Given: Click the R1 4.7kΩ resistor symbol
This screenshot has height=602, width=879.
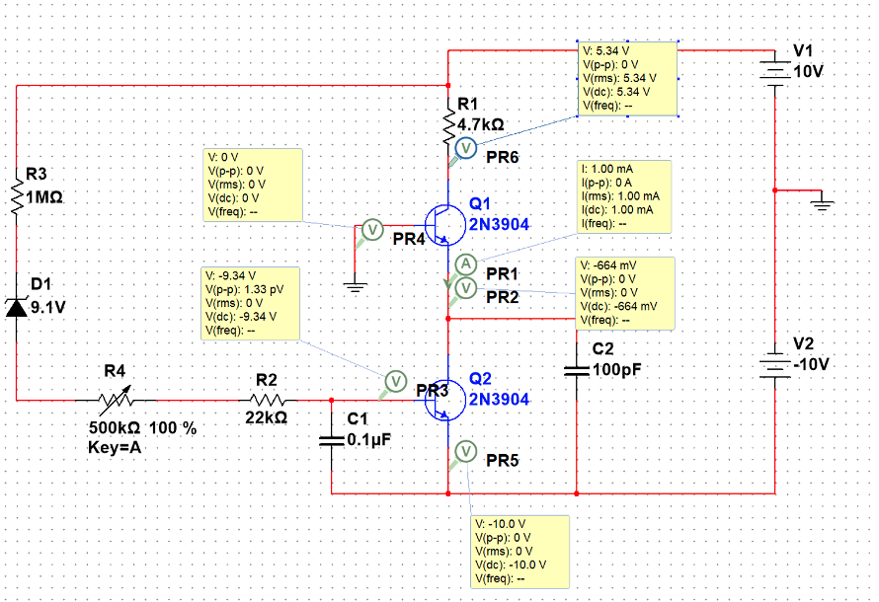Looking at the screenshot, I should click(x=448, y=122).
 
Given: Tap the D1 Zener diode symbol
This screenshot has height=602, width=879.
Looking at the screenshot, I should click(x=17, y=306).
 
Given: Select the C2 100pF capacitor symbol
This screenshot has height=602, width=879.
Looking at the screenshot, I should click(x=577, y=370).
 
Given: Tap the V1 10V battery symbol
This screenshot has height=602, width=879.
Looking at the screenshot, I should click(x=774, y=70).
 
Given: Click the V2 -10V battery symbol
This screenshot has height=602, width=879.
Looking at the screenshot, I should click(x=774, y=365).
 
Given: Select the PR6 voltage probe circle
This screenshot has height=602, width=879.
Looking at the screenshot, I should click(x=466, y=147).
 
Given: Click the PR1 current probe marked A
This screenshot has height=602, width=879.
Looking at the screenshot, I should click(x=464, y=263).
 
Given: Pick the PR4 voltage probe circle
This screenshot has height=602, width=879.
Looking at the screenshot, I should click(x=372, y=229).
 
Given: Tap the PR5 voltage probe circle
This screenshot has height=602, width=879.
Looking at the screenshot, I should click(x=465, y=451).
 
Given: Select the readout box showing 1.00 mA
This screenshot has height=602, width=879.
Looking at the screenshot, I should click(x=624, y=196).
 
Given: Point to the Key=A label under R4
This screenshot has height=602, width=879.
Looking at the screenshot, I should click(x=117, y=447).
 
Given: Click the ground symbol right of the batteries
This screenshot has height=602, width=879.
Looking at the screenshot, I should click(x=821, y=202).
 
